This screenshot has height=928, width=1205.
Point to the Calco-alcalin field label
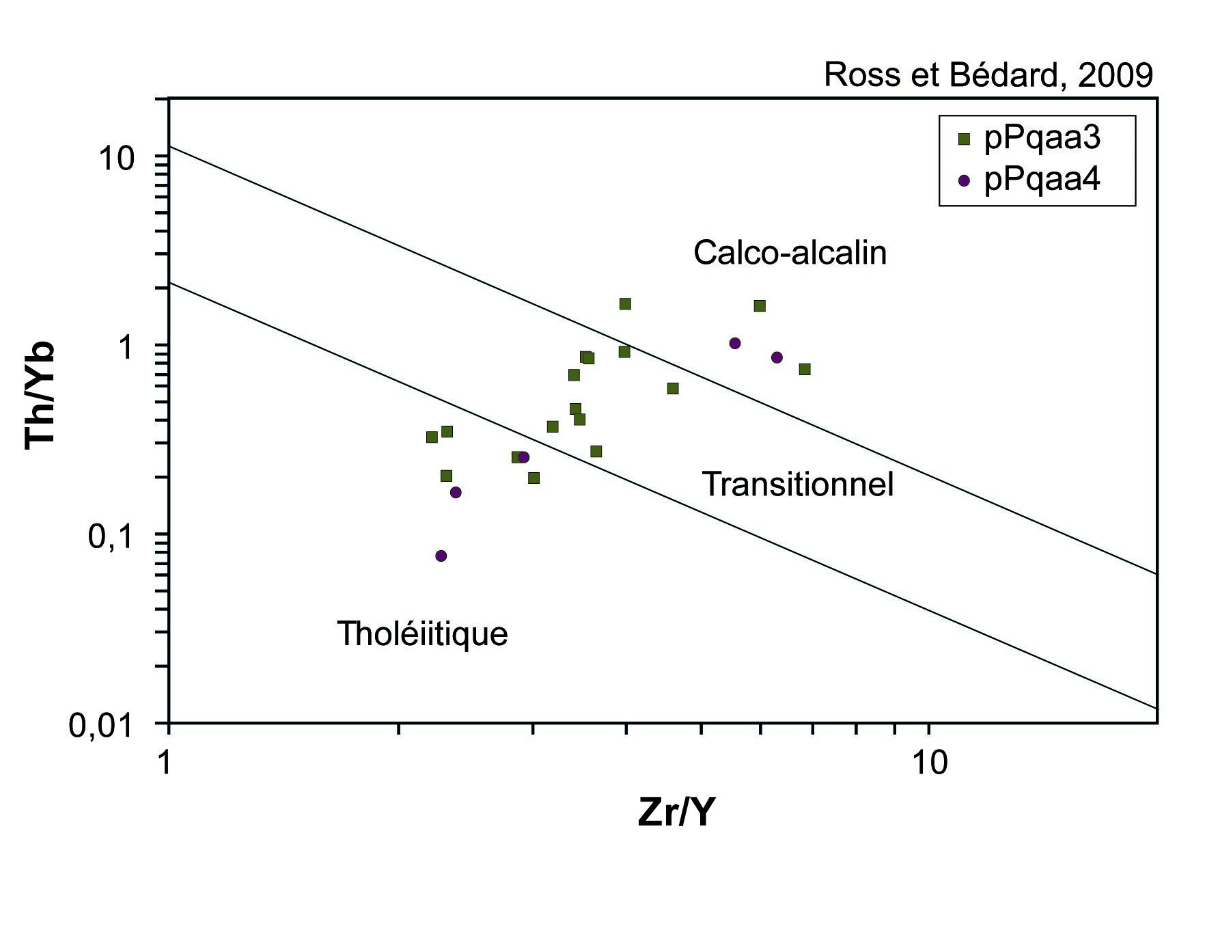coord(790,253)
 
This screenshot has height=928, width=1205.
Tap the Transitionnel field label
coord(798,485)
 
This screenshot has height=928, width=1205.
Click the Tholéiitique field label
coord(422,634)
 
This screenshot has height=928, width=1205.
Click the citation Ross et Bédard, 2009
coord(988,74)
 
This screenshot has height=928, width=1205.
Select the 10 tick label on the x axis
coord(929,762)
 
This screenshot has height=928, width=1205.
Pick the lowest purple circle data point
coord(441,556)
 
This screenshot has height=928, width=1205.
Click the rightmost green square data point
coord(805,370)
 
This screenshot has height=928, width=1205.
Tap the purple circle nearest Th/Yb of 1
coord(735,343)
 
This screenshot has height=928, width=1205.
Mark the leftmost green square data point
coord(432,437)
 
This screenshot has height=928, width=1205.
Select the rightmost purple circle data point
coord(777,357)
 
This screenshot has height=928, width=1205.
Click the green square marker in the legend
coord(965,140)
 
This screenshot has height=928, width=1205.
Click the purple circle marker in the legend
coord(965,181)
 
